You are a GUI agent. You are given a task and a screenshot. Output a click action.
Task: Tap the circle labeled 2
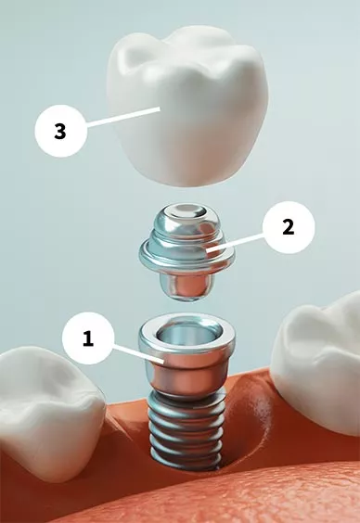point(289,226)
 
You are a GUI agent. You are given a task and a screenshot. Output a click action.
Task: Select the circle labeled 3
point(60,131)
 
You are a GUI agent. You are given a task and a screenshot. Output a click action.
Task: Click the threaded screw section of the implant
point(185,427)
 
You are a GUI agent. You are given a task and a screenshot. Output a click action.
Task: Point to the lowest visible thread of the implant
point(186,456)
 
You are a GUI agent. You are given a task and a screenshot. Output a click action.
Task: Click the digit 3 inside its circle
point(60,131)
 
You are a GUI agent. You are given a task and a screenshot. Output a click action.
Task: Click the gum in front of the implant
point(186,496)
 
